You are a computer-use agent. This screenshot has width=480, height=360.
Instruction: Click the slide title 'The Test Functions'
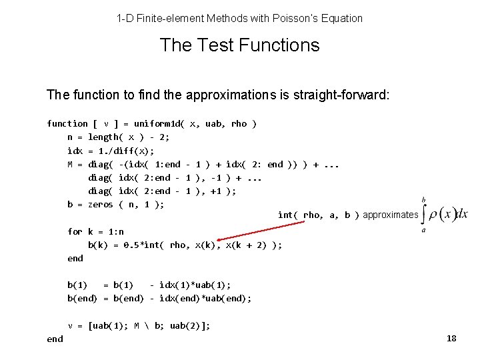[239, 45]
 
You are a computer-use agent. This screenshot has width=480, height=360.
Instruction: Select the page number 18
[451, 339]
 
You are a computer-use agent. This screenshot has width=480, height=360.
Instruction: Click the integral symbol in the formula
[425, 214]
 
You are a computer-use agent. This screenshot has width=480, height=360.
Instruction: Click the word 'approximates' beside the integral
[390, 215]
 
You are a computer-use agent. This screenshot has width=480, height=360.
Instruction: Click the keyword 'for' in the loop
[75, 231]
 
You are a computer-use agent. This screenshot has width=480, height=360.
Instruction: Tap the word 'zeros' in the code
[101, 204]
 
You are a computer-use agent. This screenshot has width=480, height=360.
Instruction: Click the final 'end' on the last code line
[55, 339]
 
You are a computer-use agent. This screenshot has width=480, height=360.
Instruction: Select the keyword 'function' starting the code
[67, 123]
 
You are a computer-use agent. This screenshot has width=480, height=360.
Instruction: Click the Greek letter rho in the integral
[434, 215]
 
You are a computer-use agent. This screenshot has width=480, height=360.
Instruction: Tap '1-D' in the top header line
[125, 18]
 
